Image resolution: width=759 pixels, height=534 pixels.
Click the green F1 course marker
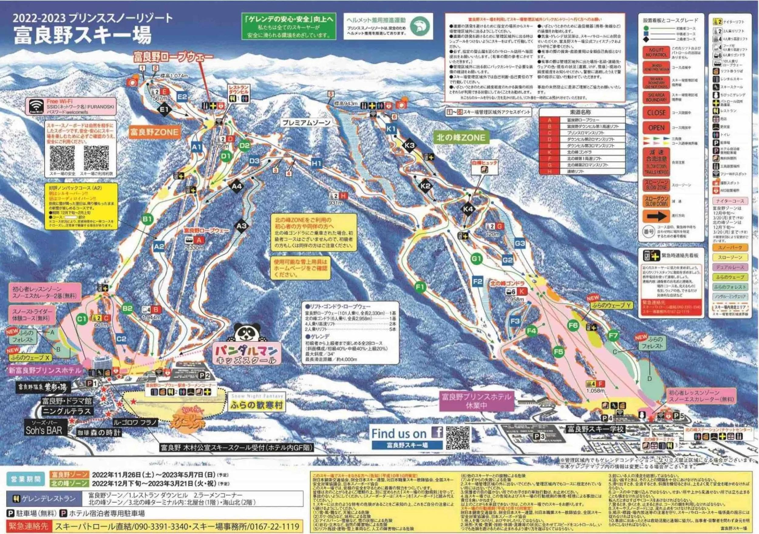tap(420, 287)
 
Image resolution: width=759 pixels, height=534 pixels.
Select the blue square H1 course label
tap(316, 163)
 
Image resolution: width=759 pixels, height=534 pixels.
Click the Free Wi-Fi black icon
tap(36, 107)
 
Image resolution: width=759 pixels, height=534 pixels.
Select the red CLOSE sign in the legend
tap(656, 113)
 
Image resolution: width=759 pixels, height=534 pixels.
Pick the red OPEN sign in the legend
tap(656, 128)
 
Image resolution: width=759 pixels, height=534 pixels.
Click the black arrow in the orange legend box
tap(656, 217)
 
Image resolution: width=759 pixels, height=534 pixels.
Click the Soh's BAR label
tap(44, 430)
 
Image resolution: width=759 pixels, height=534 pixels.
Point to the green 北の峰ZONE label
tap(461, 138)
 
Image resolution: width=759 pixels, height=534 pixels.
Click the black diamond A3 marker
tap(242, 226)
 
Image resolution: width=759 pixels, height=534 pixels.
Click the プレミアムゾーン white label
tap(306, 123)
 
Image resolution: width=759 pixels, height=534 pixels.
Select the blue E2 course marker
tap(182, 97)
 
